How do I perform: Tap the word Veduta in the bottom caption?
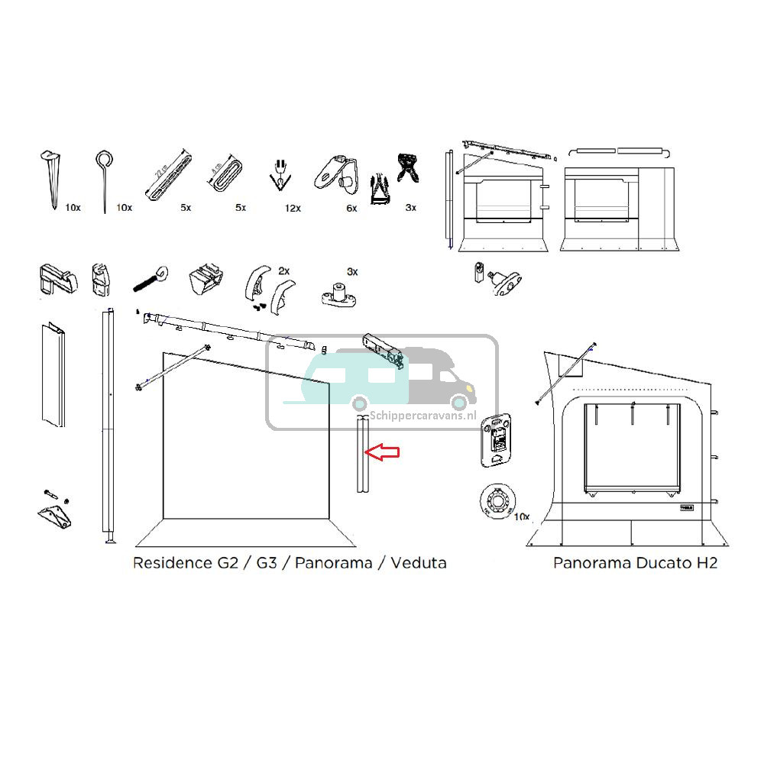pos(418,563)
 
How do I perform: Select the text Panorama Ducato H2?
pos(635,563)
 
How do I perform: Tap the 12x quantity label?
pos(293,208)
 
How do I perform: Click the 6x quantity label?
pos(351,208)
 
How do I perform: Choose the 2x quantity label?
pos(284,271)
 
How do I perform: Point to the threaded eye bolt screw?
pos(153,282)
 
